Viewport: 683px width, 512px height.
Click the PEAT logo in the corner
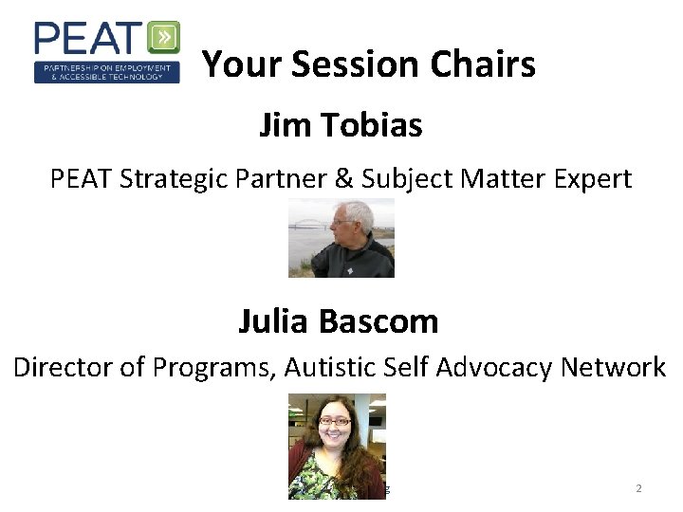(x=106, y=52)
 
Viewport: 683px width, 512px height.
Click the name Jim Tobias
(x=341, y=124)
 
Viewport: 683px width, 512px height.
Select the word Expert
(x=591, y=178)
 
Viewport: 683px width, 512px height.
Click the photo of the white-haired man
(x=341, y=238)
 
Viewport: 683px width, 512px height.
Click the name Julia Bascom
(x=339, y=321)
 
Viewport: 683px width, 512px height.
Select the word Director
(x=63, y=367)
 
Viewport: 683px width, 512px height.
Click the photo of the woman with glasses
(x=337, y=446)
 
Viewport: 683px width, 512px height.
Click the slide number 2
(x=638, y=488)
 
